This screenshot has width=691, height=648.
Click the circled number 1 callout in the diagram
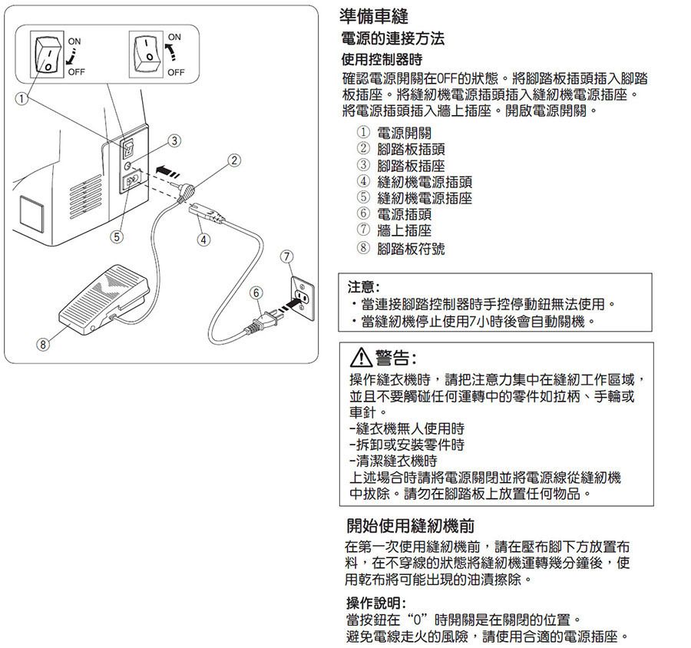21,98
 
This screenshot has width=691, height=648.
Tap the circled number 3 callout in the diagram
174,141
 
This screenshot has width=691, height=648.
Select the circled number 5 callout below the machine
117,236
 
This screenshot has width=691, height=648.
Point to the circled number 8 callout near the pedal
43,344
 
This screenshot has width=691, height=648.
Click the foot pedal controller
104,299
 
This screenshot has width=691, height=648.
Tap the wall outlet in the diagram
303,299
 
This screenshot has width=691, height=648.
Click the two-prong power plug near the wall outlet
262,323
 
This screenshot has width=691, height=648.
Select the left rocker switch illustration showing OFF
46,55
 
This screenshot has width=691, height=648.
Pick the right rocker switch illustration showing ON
146,55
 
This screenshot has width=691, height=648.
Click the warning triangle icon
361,358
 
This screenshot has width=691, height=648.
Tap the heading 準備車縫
374,16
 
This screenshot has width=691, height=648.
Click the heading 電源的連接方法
392,39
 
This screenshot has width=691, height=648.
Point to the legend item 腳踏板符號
411,249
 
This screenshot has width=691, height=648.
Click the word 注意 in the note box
362,287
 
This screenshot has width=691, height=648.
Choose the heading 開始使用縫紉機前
411,526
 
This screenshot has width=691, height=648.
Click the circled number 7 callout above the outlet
287,256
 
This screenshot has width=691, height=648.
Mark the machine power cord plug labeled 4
207,213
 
